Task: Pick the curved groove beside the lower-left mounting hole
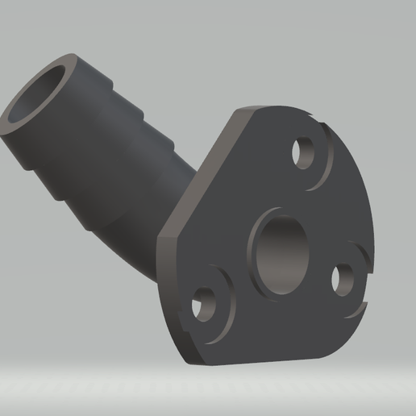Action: point(225,302)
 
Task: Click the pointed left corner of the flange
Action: point(160,235)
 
